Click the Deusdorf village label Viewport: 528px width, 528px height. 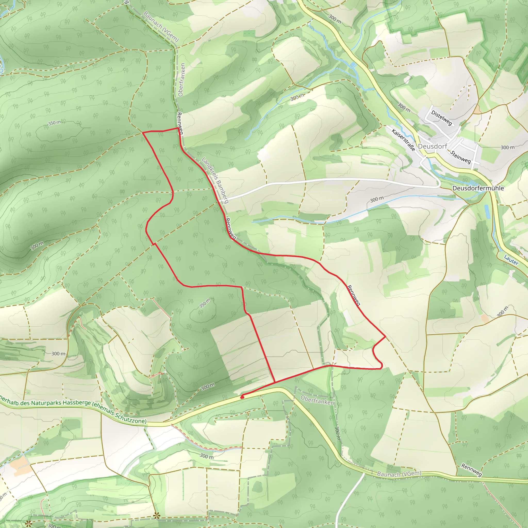(432, 146)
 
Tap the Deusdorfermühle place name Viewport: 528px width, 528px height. (478, 188)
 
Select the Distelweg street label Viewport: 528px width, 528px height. (441, 118)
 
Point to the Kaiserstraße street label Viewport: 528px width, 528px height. (403, 140)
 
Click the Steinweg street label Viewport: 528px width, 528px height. (460, 157)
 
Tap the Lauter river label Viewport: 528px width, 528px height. (511, 260)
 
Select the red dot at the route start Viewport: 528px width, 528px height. (242, 397)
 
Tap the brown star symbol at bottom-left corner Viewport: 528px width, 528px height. (28, 524)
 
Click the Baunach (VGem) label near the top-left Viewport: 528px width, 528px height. (161, 27)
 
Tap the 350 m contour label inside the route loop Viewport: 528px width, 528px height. (205, 303)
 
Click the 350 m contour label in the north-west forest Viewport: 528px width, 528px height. (55, 123)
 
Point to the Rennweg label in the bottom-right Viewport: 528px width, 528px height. (472, 469)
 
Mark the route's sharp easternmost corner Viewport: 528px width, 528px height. (385, 337)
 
